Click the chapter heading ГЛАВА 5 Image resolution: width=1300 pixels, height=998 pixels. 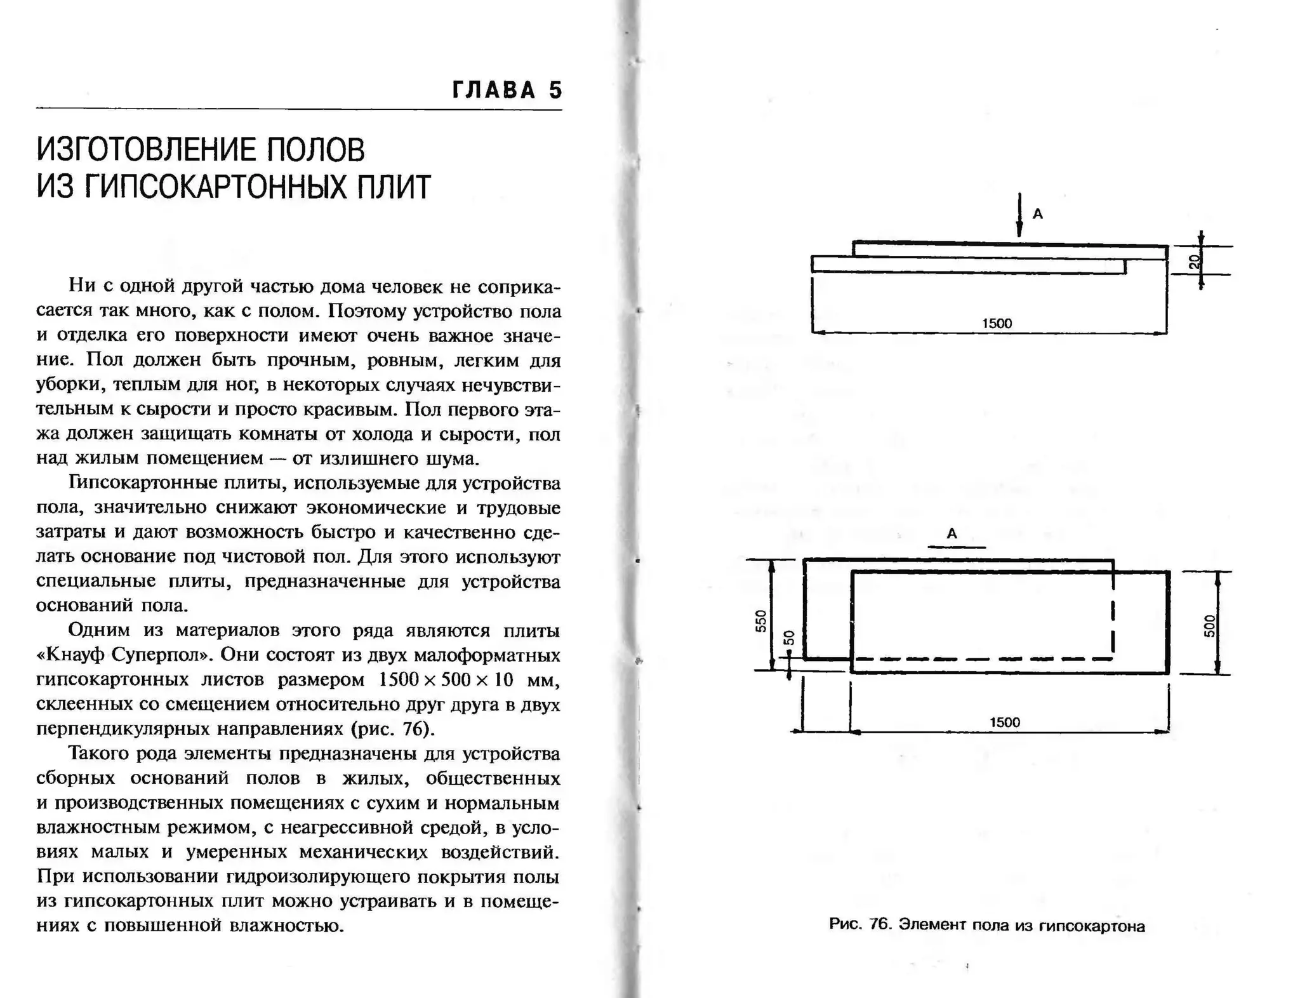tap(507, 90)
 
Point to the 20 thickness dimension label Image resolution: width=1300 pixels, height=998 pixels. tap(1195, 262)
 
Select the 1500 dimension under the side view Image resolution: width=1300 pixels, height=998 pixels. tap(997, 323)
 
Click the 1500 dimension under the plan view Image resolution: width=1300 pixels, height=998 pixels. tap(1005, 722)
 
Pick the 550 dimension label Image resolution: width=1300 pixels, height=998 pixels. tap(761, 620)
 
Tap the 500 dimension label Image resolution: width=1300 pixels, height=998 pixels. tap(1209, 625)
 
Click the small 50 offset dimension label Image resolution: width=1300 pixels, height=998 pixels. tap(789, 637)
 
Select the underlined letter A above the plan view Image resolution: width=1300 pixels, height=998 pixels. tap(952, 534)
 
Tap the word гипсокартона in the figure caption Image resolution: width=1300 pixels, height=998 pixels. tap(1092, 926)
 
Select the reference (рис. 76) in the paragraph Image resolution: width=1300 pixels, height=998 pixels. tap(393, 728)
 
